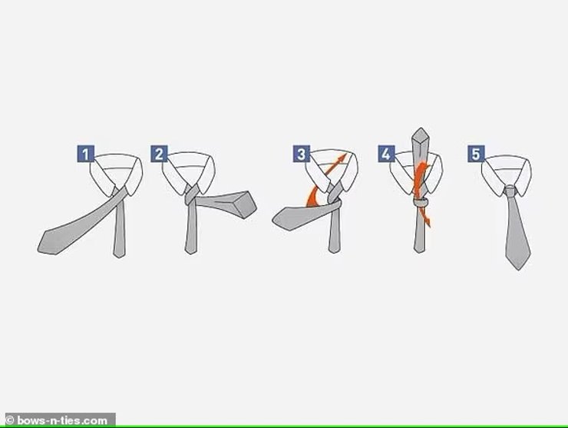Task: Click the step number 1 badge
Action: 85,154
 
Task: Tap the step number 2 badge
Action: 160,154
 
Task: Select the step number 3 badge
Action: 302,154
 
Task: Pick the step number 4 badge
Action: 386,154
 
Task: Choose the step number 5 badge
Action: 476,154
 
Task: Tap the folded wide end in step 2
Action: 245,204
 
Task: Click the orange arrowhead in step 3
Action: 342,158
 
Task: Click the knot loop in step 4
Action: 421,202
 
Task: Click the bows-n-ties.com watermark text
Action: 62,421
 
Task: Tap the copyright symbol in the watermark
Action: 10,420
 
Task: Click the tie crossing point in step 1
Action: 120,194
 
